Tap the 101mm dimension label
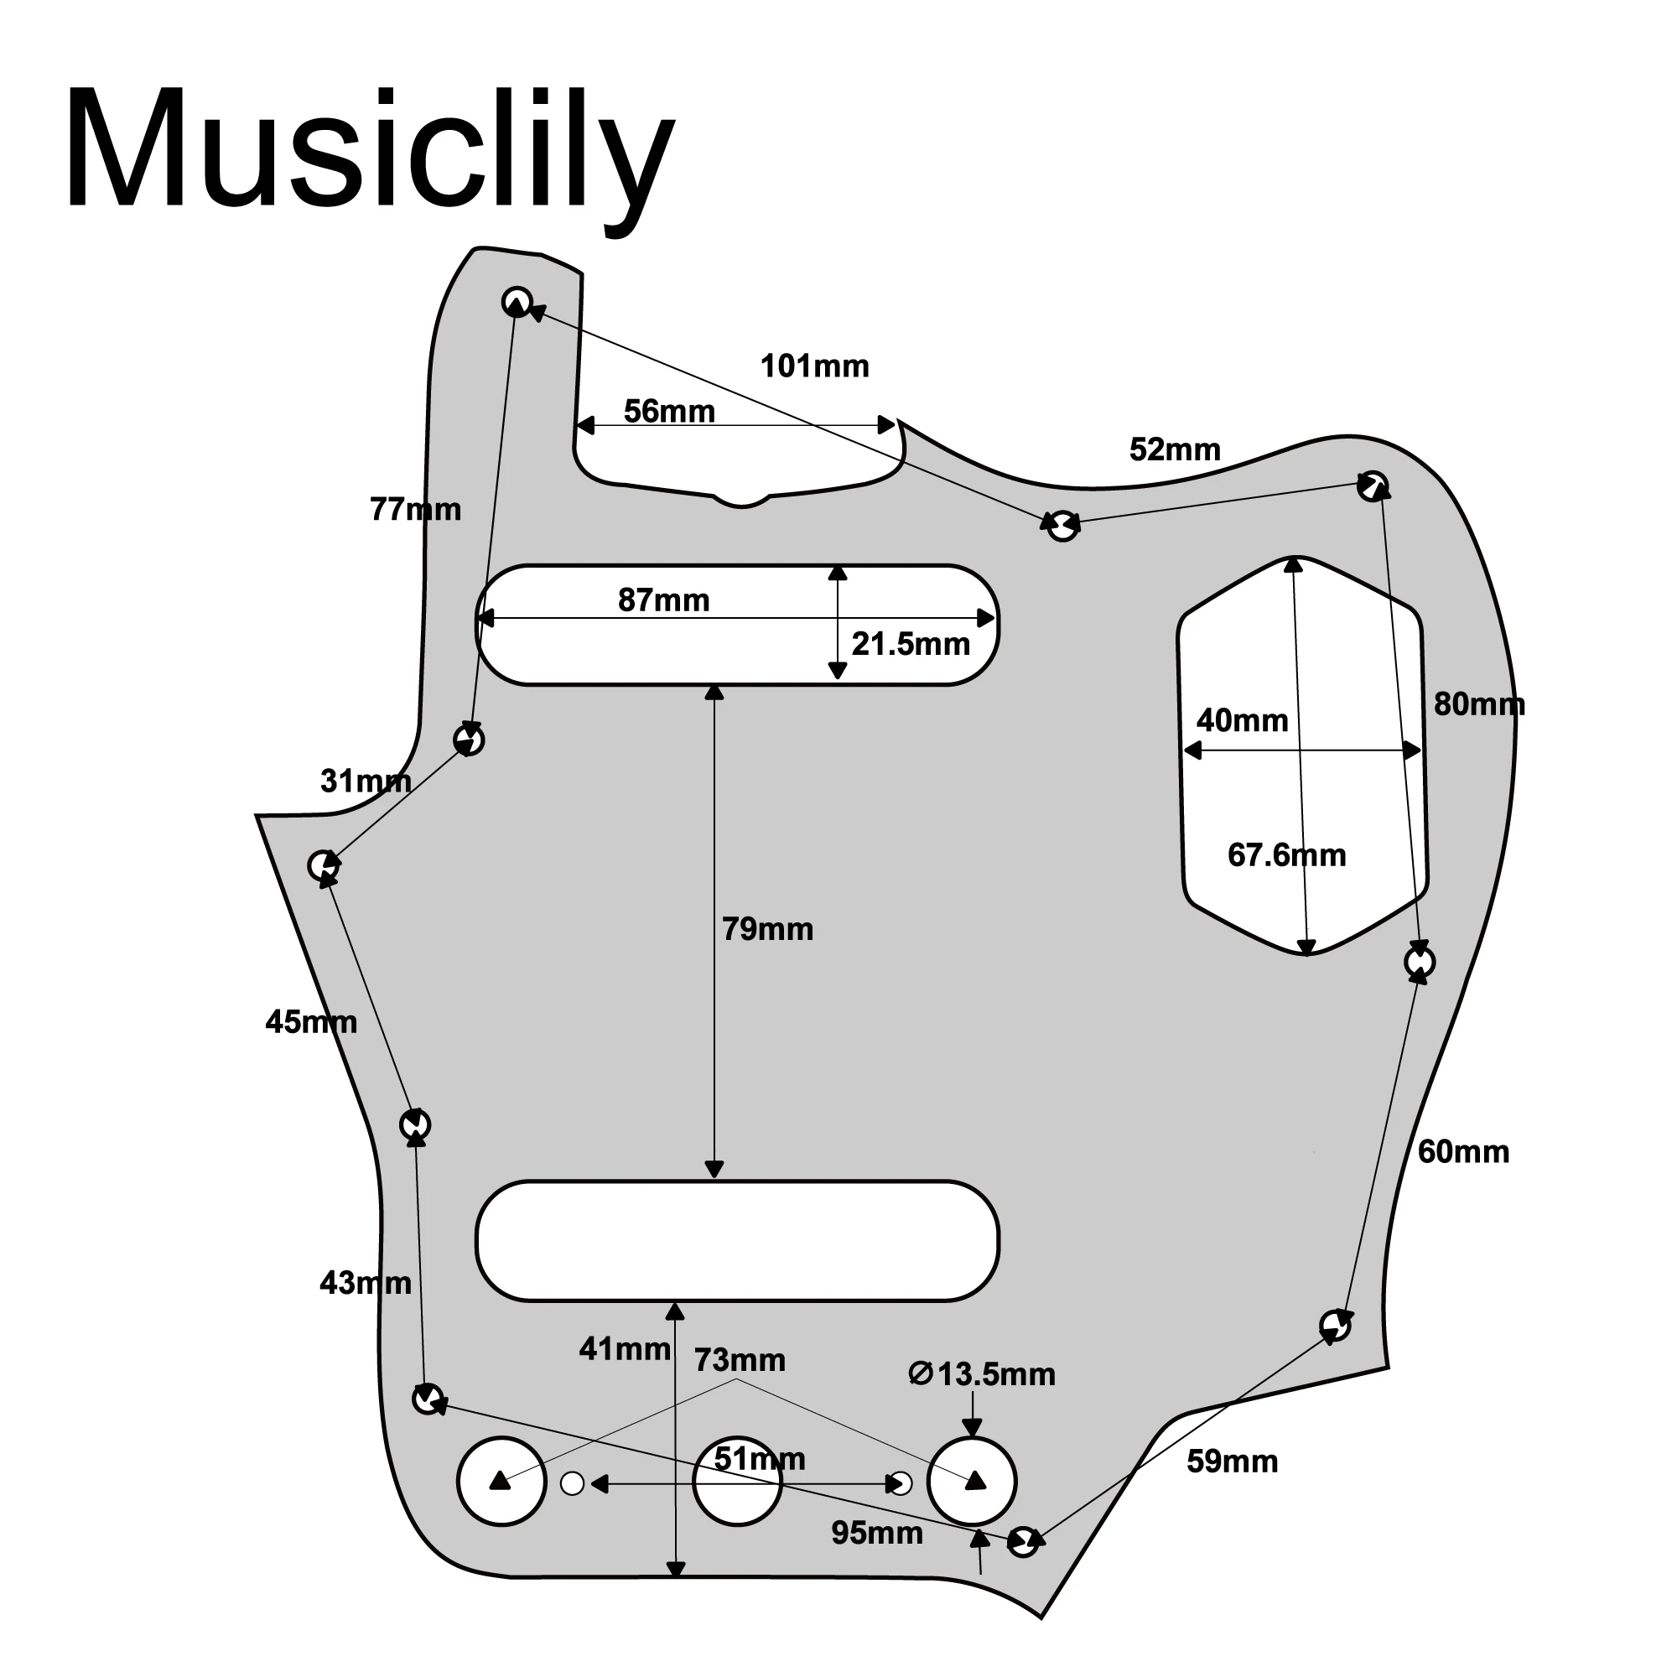point(814,366)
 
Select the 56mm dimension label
point(669,412)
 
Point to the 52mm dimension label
point(1175,449)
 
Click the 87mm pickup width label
point(663,600)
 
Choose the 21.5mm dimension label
point(911,644)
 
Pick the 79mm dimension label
point(767,930)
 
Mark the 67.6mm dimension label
point(1286,855)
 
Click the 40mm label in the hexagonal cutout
point(1242,720)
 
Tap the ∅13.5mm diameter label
point(982,1374)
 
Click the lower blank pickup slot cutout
point(737,1240)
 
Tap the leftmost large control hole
point(501,1481)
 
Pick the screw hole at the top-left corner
point(517,302)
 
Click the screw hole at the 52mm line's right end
point(1373,486)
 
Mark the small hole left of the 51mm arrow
point(572,1483)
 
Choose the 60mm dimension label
point(1463,1152)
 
